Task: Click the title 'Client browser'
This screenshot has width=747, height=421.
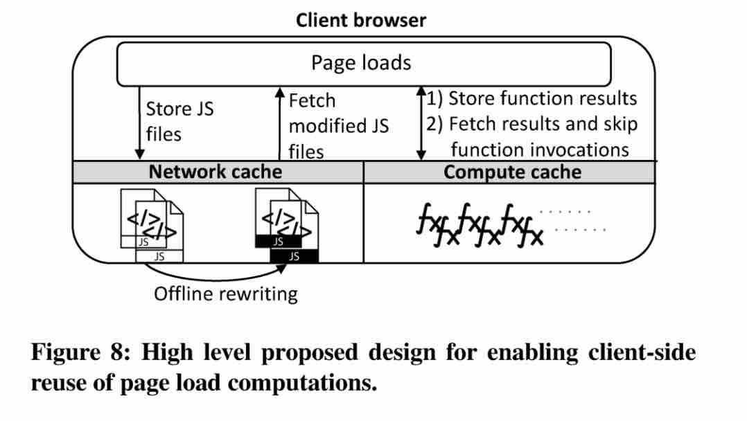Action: click(360, 19)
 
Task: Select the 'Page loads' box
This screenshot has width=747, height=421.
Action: click(363, 64)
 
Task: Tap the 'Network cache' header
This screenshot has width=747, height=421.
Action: click(216, 172)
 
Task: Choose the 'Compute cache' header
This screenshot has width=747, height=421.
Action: click(512, 172)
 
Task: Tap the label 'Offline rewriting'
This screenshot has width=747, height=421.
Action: click(225, 294)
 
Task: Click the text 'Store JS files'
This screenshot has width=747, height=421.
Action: click(179, 121)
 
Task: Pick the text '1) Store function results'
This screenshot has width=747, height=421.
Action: click(531, 98)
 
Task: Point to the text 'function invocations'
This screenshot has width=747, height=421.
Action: click(540, 150)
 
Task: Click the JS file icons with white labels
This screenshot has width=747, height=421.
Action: click(153, 224)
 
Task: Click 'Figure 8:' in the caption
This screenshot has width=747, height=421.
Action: click(79, 353)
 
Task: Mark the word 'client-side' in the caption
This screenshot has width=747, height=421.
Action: click(642, 353)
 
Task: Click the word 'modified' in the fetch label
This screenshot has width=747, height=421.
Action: click(338, 126)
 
